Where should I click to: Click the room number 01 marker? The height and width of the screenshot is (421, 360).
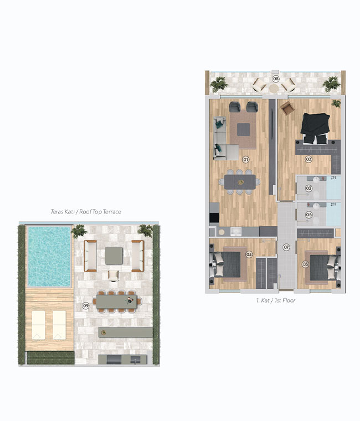tap(245, 159)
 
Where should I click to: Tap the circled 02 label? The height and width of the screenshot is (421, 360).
tap(308, 159)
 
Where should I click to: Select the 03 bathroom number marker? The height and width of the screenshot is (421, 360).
tap(308, 188)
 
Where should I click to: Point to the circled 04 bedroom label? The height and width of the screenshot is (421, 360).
tap(249, 255)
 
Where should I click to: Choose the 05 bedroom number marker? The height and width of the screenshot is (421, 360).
tap(305, 264)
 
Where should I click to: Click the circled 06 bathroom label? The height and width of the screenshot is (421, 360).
tap(308, 215)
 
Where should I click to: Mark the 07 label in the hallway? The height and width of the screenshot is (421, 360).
tap(287, 247)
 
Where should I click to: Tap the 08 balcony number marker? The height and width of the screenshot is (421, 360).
tap(275, 79)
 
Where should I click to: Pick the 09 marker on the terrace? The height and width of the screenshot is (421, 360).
tap(85, 305)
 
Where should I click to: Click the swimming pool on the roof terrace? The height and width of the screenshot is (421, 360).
tap(50, 256)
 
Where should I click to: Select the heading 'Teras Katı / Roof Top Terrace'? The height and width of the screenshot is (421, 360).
tap(85, 211)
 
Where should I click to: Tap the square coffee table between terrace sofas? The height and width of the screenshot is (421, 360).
tap(114, 254)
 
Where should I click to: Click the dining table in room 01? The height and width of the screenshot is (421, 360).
tap(240, 181)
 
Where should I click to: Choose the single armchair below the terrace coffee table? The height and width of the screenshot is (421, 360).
tap(114, 276)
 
